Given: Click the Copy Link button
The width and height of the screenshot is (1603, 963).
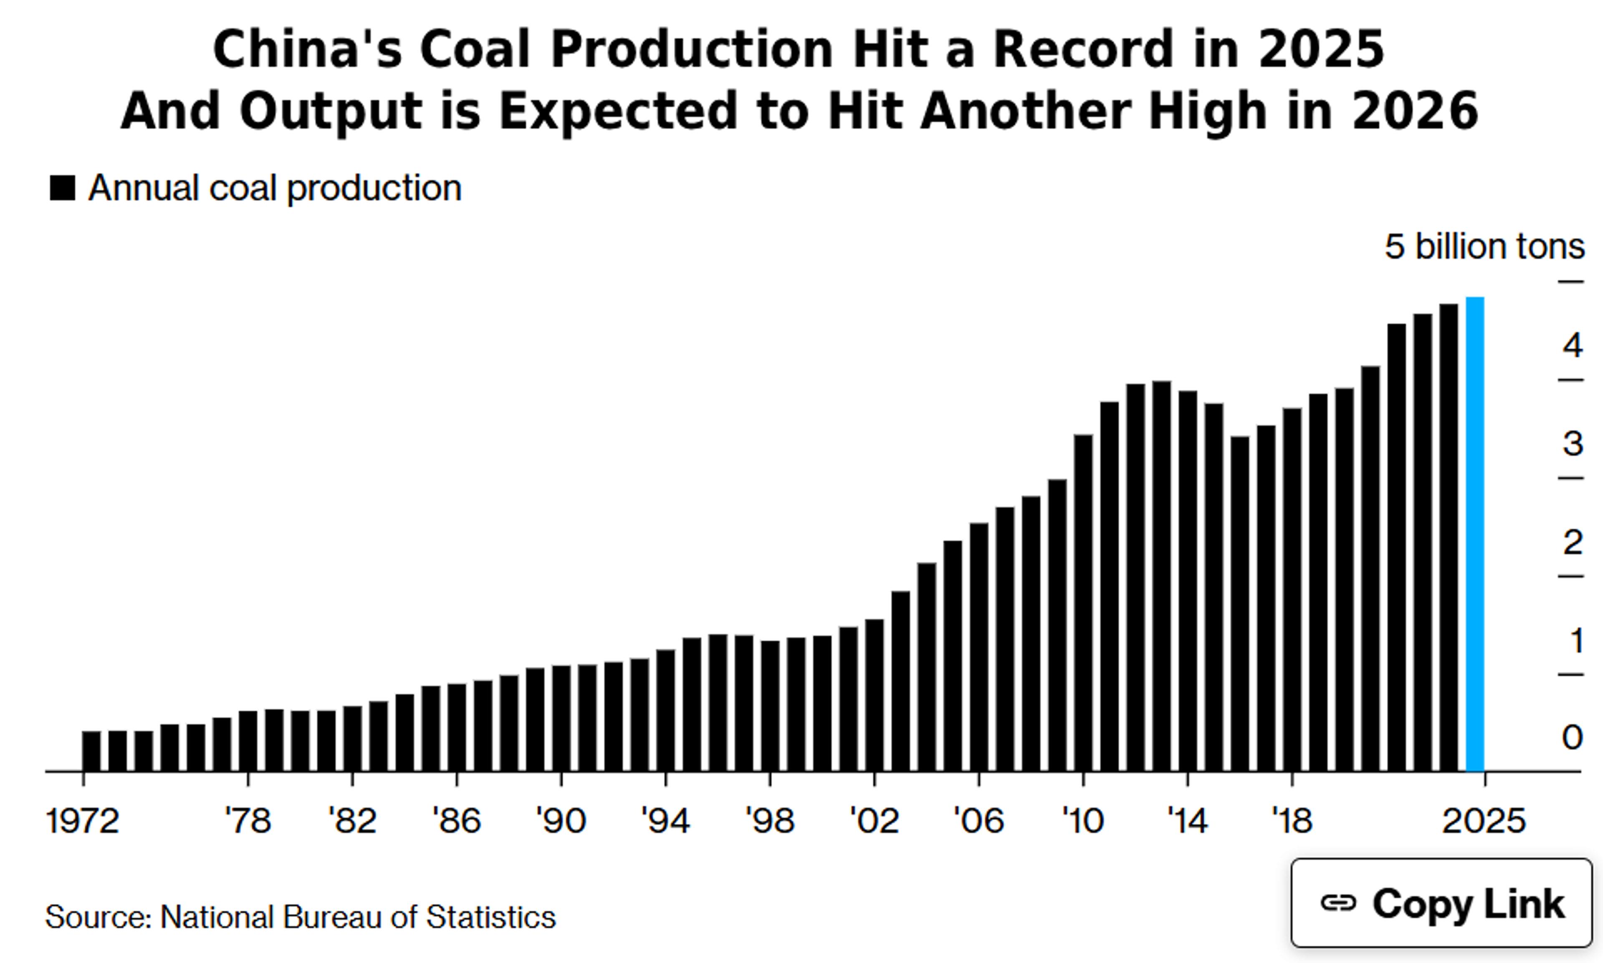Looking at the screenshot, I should pos(1441,903).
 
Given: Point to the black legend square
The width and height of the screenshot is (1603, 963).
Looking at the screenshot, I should pos(62,188).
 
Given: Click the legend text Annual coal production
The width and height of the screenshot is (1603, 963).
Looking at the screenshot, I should pos(275,188).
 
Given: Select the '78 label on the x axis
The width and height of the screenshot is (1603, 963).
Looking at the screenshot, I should pos(248,821).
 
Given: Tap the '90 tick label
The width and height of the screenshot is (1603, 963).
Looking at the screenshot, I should pos(561,821).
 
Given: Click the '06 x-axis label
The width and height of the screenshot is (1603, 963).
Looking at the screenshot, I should pos(978,821).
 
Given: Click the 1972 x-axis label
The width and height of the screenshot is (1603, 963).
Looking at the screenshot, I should pos(83,821).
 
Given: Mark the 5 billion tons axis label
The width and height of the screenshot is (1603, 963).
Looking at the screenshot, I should pos(1484,247).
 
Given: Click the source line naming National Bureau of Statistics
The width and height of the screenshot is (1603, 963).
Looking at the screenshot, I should pos(301,917).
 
